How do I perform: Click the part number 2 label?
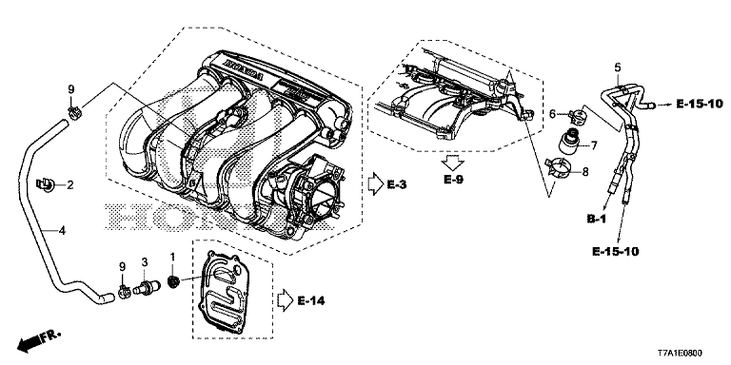click(x=70, y=185)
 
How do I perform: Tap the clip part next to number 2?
click(x=46, y=184)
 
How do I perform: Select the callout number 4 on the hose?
click(x=62, y=230)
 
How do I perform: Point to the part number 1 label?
click(x=172, y=257)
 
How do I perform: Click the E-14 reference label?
click(x=311, y=300)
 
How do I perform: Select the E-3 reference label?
click(x=397, y=184)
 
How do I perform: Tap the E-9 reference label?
click(x=453, y=180)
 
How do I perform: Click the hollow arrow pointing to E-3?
click(x=375, y=184)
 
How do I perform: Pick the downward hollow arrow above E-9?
click(x=453, y=163)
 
